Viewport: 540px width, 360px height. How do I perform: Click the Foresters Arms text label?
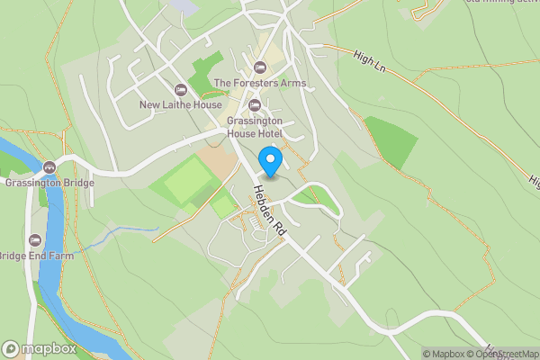[x=260, y=84]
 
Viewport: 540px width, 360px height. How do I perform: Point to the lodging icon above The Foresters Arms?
[x=260, y=67]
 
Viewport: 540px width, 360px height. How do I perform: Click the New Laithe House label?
[x=180, y=105]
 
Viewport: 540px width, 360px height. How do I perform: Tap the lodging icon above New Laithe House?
[x=180, y=89]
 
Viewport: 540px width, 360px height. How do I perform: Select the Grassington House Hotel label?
[x=255, y=127]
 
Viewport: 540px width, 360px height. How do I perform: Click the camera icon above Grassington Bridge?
[x=49, y=166]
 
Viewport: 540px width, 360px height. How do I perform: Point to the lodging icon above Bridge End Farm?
[x=35, y=240]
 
